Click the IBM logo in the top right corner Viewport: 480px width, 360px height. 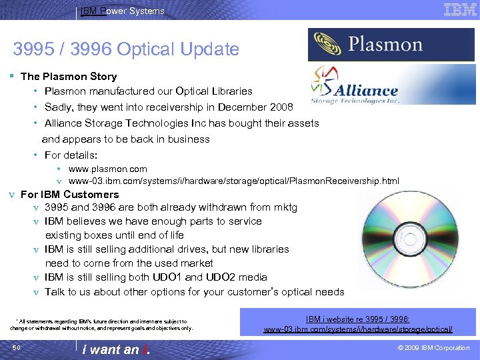460,9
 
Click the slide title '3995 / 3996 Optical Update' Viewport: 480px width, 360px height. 126,49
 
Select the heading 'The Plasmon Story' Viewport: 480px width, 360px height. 69,77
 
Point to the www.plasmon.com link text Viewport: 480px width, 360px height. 107,169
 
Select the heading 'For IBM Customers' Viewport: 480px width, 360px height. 70,195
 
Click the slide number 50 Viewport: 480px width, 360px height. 17,348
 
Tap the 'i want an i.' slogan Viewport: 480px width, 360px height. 115,349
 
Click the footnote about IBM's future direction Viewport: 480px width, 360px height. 101,325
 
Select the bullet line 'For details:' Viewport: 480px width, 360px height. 71,155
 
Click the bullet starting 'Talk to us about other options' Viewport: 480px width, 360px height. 194,292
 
